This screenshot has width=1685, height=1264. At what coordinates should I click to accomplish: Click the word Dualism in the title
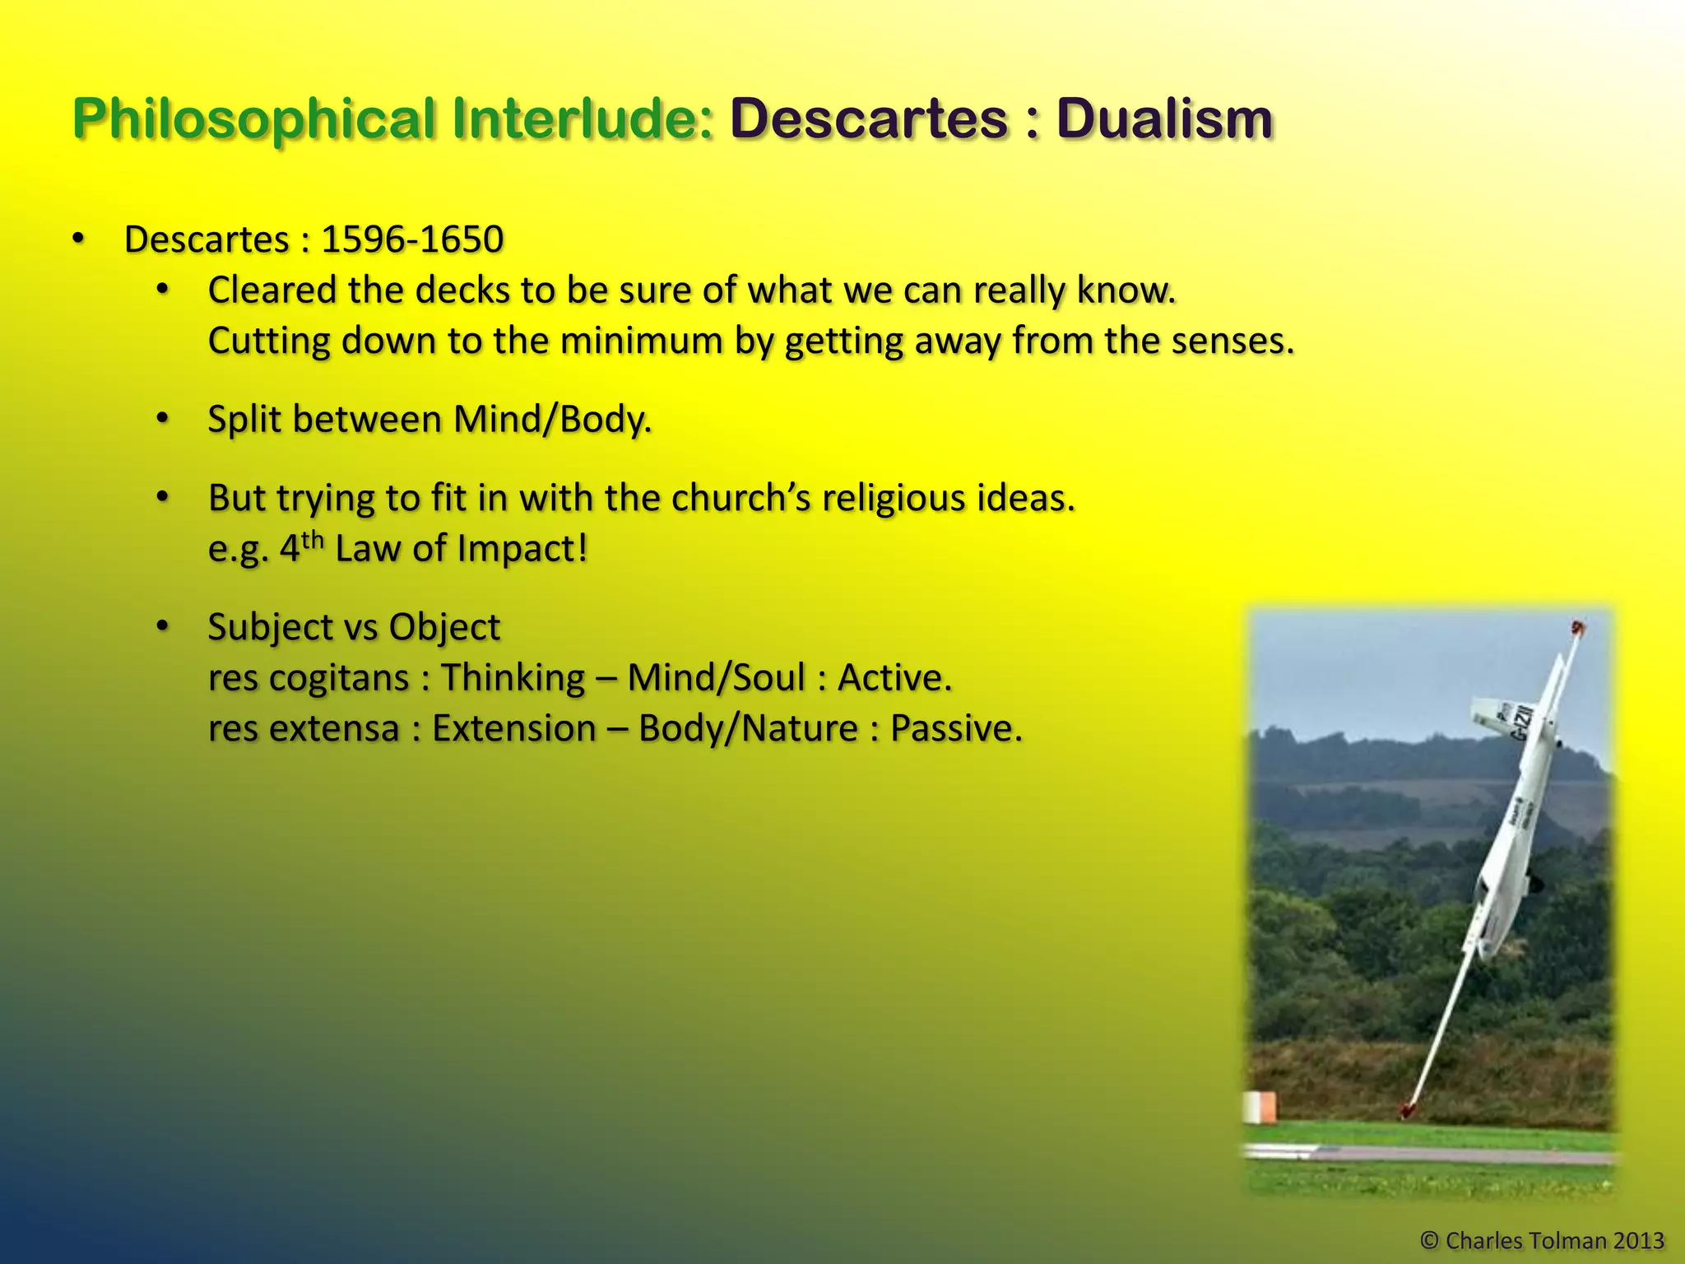tap(1165, 119)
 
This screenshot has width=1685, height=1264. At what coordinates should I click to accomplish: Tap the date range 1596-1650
tap(412, 239)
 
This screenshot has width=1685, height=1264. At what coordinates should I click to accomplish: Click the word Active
tap(894, 678)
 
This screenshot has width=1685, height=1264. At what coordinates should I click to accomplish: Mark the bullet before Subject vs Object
tap(163, 626)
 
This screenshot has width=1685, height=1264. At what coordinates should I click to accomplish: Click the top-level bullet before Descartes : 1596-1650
tap(78, 239)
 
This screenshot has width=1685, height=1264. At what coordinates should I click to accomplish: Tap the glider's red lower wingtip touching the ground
tap(1408, 1110)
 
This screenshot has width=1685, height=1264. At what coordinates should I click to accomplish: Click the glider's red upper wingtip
tap(1577, 629)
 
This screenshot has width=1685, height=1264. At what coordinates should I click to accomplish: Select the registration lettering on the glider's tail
tap(1523, 722)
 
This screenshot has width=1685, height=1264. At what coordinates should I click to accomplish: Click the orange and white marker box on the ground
tap(1260, 1107)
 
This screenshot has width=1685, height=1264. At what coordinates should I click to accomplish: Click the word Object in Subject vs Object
tap(444, 627)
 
